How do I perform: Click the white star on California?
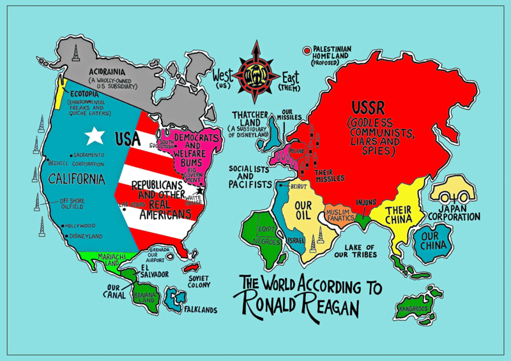(95, 135)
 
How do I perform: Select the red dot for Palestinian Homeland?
(307, 49)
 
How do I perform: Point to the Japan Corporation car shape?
(452, 189)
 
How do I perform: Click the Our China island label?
(428, 243)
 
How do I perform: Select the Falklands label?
(199, 310)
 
